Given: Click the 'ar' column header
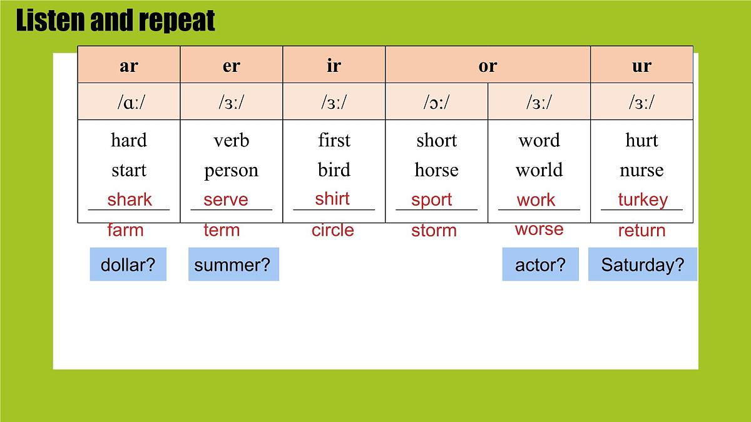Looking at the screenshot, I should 128,66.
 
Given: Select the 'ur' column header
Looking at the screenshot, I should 641,66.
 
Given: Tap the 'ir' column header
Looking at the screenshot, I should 334,66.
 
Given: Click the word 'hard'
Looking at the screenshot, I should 128,140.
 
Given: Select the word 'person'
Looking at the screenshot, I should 231,170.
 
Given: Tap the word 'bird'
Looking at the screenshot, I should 334,170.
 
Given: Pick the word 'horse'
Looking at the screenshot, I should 436,170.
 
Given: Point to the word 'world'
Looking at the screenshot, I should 539,170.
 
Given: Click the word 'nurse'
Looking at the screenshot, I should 641,170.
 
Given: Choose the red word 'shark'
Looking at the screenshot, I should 130,199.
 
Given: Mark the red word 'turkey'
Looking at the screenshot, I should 643,199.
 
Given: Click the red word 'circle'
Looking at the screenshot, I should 333,230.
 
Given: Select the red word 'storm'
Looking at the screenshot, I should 434,231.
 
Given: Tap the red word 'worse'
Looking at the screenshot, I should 539,229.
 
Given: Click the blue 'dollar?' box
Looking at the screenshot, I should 128,264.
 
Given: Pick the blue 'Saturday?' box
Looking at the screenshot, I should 642,264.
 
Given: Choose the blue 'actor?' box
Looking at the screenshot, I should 540,264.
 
